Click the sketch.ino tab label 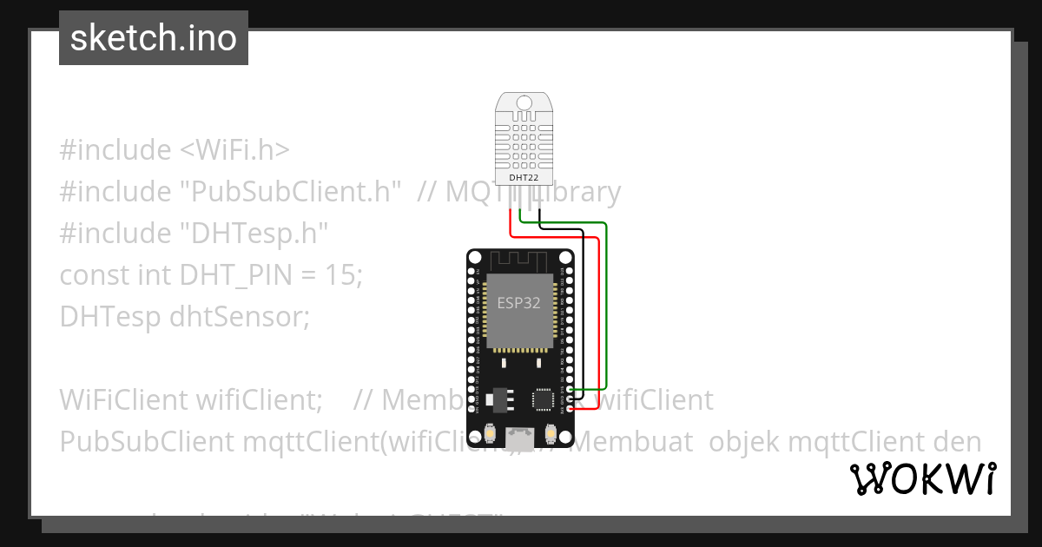coord(154,38)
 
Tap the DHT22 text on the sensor coord(523,177)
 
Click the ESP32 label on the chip coord(519,302)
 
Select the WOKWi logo coord(923,478)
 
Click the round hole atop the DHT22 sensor coord(524,102)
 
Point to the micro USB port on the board coord(521,442)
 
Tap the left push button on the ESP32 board coord(491,432)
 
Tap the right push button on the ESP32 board coord(551,432)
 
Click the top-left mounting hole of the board coord(475,258)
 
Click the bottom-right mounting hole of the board coord(567,452)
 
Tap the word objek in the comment coord(744,441)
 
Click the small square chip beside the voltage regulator coord(543,399)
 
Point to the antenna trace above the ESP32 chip coord(518,258)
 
